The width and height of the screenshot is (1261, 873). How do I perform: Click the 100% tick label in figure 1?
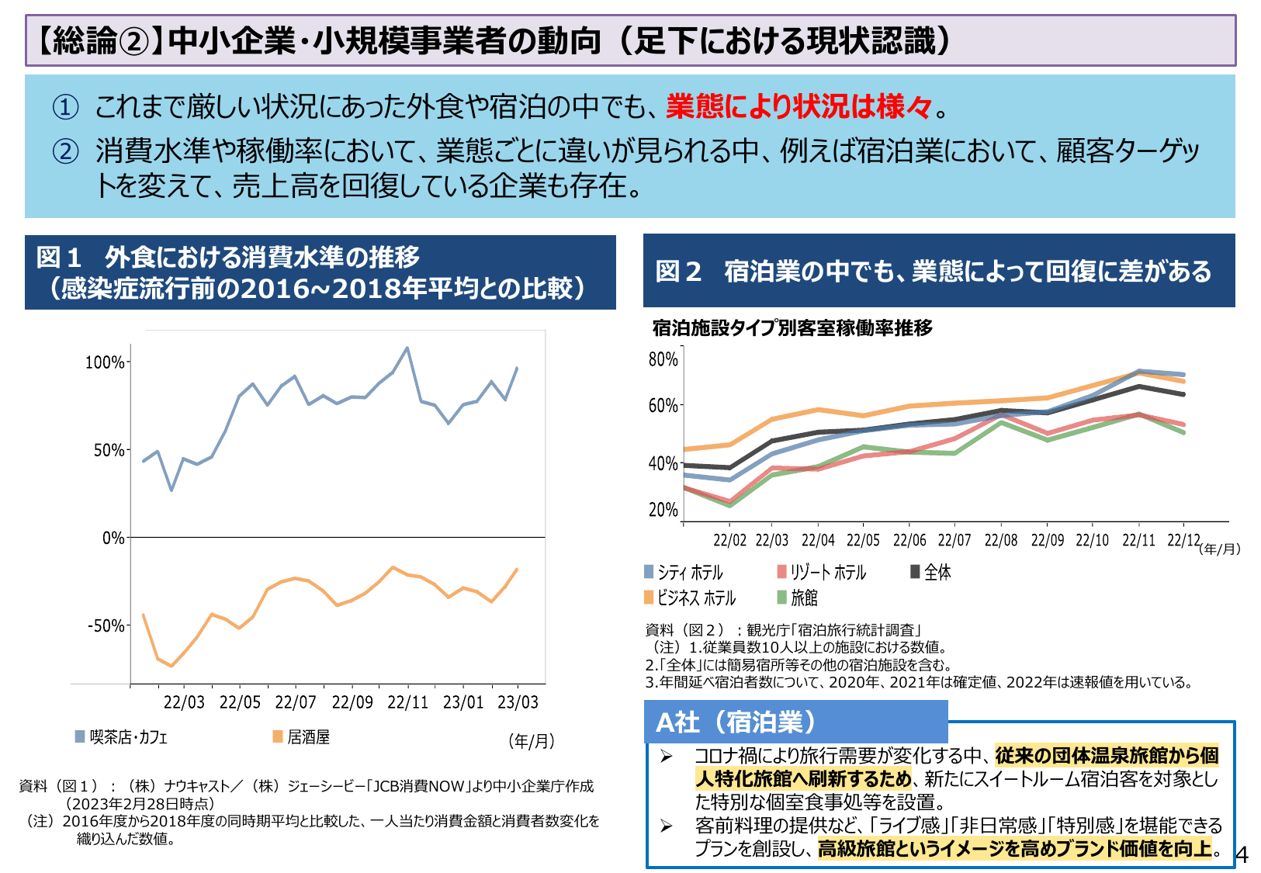point(104,362)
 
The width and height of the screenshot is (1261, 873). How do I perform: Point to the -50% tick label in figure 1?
point(105,625)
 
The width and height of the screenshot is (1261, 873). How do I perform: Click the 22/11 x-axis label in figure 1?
point(407,702)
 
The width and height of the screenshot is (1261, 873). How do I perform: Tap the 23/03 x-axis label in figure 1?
point(518,702)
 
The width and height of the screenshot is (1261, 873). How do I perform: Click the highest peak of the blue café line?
point(407,348)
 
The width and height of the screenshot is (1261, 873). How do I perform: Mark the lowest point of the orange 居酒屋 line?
point(171,666)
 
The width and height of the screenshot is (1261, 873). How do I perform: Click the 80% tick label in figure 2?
point(663,359)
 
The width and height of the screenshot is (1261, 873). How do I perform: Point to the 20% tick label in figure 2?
point(663,510)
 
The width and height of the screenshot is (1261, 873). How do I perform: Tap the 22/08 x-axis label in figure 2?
point(1000,540)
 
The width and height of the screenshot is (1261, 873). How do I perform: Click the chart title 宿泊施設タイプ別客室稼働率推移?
point(792,328)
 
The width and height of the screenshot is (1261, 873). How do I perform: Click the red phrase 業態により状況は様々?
point(799,106)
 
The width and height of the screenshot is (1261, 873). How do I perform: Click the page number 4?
point(1242,855)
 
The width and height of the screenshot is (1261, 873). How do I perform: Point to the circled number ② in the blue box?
point(65,151)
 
